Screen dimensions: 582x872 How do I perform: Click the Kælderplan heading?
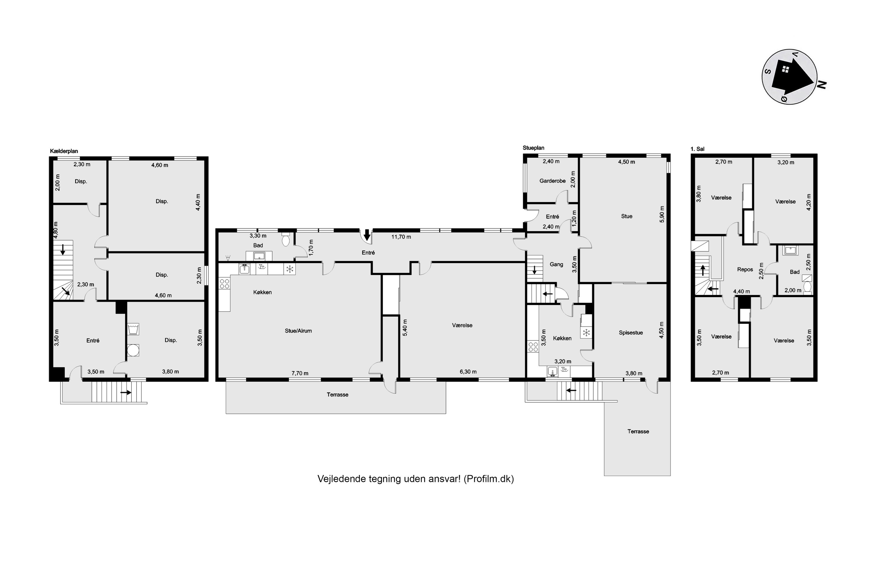click(x=64, y=151)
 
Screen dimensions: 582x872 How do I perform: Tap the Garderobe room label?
click(x=553, y=181)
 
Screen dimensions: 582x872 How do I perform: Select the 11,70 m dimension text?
click(x=401, y=237)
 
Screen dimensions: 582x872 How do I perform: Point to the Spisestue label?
click(x=631, y=333)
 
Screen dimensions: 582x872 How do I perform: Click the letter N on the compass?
click(x=822, y=85)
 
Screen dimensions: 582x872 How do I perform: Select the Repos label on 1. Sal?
click(x=745, y=269)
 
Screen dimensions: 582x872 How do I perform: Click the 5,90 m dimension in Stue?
click(x=662, y=214)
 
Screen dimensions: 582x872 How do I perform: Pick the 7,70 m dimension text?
click(x=300, y=373)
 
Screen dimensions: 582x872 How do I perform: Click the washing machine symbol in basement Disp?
click(x=133, y=329)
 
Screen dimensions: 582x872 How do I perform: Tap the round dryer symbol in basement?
click(x=133, y=350)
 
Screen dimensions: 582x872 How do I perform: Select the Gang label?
click(x=556, y=265)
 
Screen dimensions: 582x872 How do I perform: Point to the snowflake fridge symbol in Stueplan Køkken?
click(x=586, y=333)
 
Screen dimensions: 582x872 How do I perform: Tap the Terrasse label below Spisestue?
click(x=638, y=432)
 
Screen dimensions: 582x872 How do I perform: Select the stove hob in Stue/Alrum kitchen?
click(x=224, y=284)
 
